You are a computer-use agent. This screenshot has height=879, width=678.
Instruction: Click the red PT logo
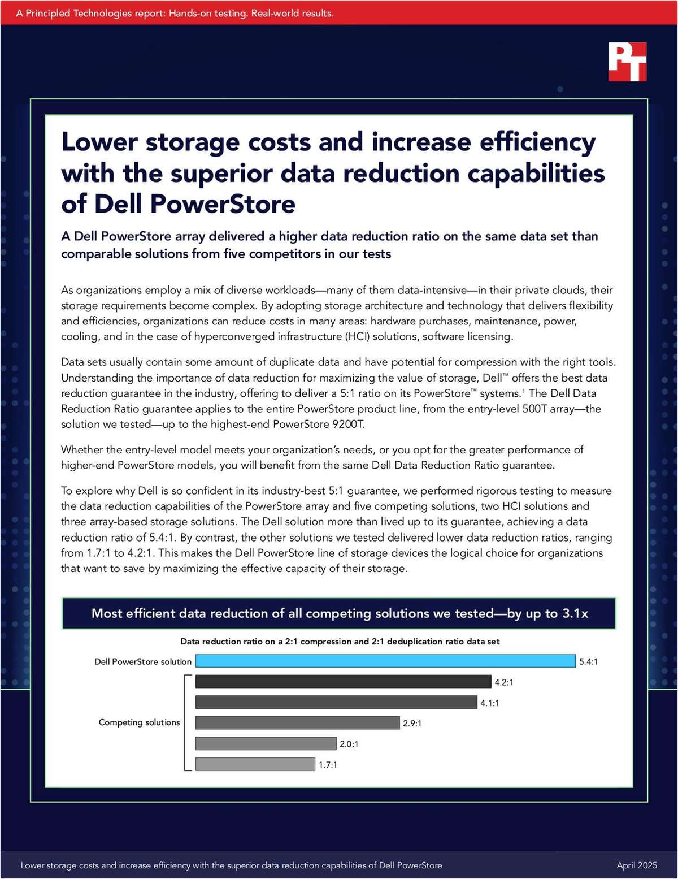click(x=627, y=62)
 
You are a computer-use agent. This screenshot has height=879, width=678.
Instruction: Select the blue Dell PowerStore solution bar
click(x=385, y=661)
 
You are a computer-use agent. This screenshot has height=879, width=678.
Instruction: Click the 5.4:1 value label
click(x=588, y=661)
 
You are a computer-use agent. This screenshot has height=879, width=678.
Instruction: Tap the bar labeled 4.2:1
click(x=343, y=682)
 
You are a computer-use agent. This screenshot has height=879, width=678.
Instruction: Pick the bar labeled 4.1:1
click(x=336, y=702)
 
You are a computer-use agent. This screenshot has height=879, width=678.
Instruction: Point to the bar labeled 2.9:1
click(x=297, y=723)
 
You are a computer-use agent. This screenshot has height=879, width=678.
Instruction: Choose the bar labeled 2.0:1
click(x=266, y=743)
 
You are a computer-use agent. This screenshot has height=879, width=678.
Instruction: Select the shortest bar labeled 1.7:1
click(x=255, y=764)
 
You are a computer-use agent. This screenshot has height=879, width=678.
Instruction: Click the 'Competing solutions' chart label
click(x=139, y=722)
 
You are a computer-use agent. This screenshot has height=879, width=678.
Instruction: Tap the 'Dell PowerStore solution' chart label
click(x=143, y=661)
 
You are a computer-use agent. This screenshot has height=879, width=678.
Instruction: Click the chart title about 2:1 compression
click(x=340, y=642)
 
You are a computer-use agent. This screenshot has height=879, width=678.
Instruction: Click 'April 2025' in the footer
click(x=637, y=865)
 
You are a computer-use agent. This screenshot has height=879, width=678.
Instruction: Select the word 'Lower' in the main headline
click(x=99, y=142)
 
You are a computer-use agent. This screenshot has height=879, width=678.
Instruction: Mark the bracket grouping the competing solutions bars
click(x=185, y=722)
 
